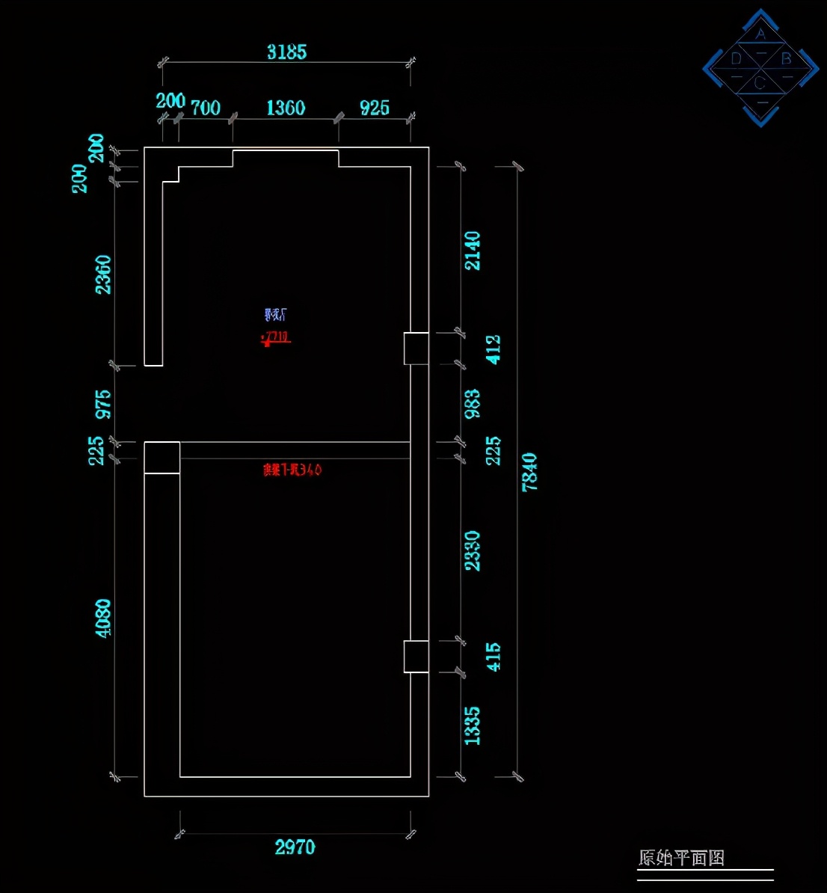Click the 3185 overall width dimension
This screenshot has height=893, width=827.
287,52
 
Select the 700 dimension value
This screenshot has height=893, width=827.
206,108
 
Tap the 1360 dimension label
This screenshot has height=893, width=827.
286,108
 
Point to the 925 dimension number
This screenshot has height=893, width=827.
375,108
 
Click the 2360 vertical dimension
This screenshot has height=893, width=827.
103,274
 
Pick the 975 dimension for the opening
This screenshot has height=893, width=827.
103,404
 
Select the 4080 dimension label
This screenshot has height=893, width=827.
103,618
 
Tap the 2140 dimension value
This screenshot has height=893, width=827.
473,251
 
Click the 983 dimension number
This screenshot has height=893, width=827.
473,404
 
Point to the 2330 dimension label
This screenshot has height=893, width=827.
473,550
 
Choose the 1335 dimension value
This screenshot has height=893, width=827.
473,725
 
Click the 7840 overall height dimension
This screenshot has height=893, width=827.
529,472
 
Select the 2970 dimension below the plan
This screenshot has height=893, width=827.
295,847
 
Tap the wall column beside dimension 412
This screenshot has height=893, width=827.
416,349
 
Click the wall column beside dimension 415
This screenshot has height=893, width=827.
416,657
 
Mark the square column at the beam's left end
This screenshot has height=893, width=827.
162,458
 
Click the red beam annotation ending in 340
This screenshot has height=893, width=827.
292,470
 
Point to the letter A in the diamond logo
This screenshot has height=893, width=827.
760,34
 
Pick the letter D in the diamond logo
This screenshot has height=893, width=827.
737,58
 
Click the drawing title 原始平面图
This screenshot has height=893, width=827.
681,858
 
